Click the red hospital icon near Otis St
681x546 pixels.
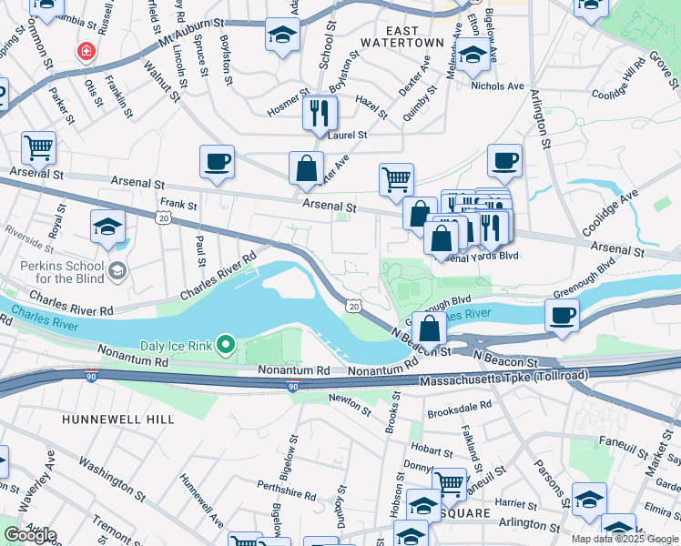coord(86,52)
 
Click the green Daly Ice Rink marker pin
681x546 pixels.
coord(227,345)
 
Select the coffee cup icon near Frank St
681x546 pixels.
coord(218,163)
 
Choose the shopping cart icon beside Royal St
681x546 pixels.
coord(38,147)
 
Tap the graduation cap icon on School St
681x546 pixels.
coord(283,36)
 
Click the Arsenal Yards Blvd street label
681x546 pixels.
coord(478,256)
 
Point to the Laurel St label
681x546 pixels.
coord(347,135)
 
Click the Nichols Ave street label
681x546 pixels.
coord(498,86)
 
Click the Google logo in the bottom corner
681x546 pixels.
coord(30,535)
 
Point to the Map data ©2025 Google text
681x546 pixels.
coord(625,539)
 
